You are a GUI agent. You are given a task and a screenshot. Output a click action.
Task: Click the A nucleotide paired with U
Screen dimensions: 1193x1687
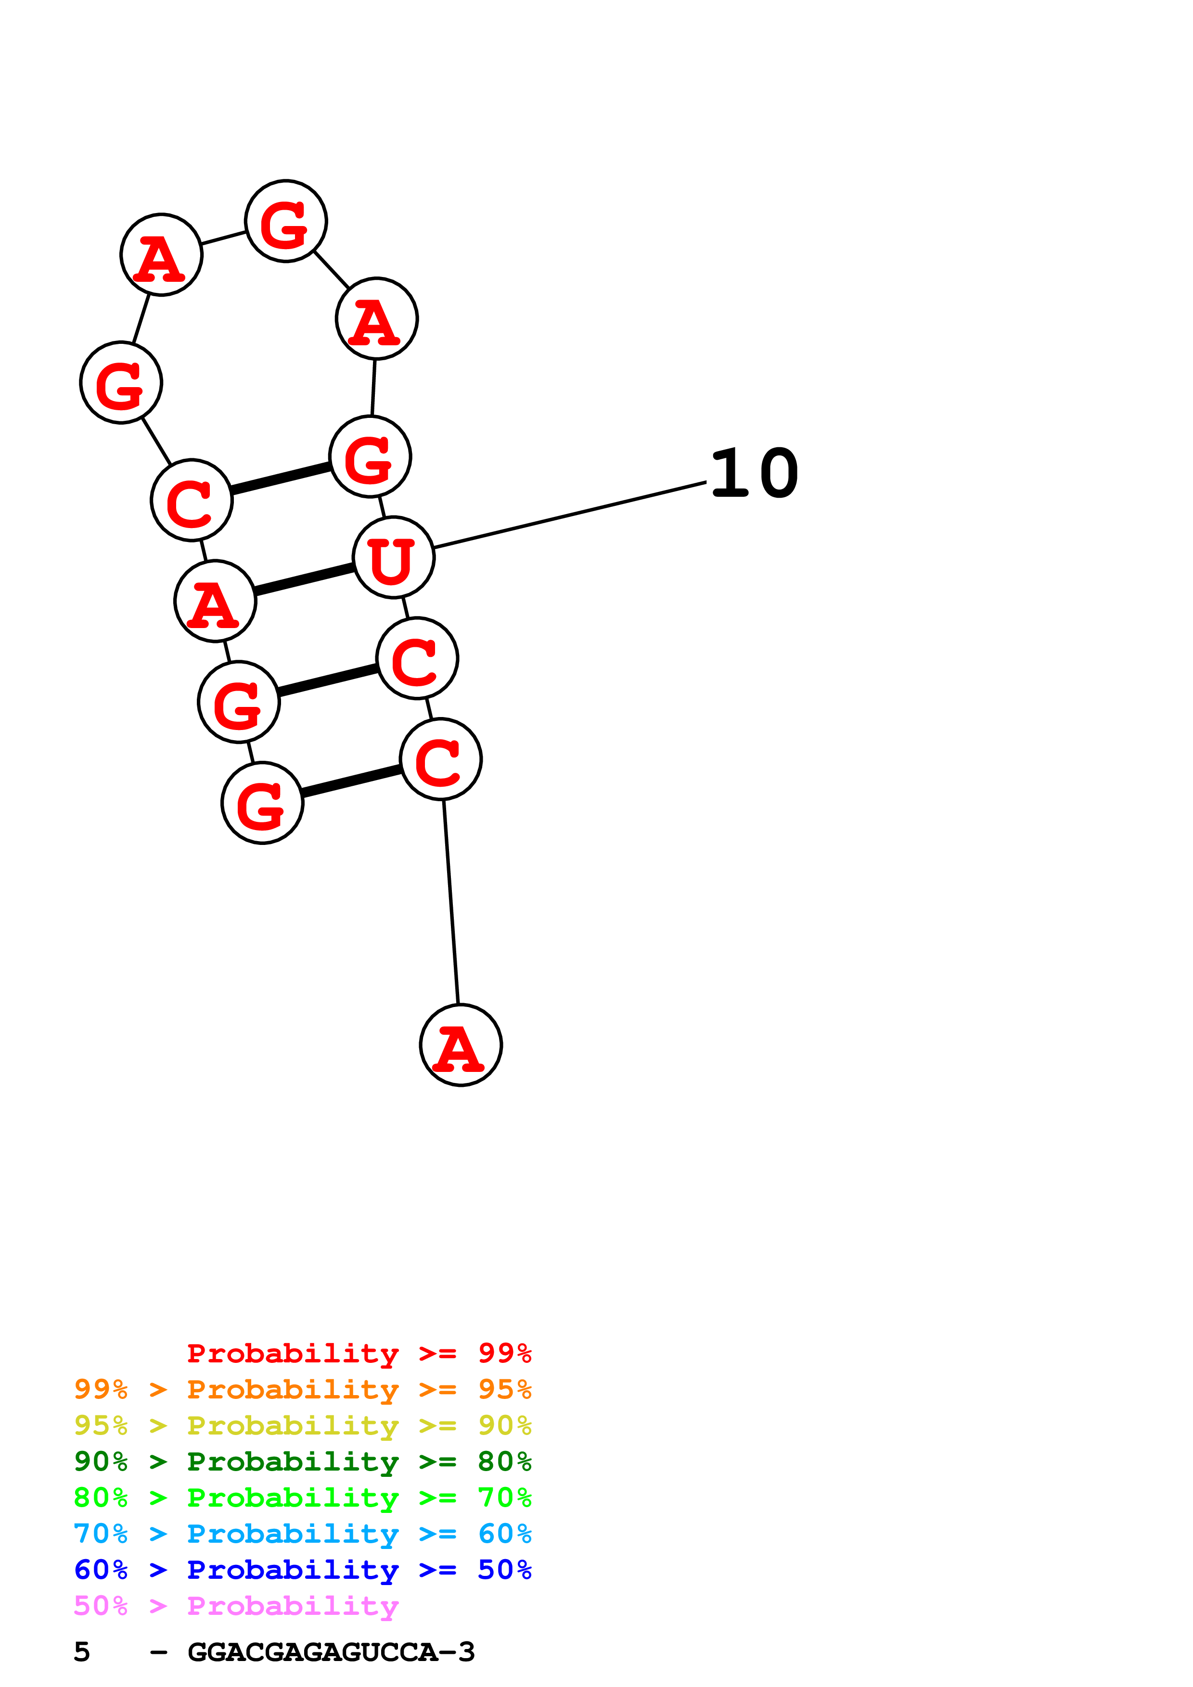tap(215, 601)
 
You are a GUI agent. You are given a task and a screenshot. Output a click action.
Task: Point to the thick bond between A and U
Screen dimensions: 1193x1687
tap(304, 579)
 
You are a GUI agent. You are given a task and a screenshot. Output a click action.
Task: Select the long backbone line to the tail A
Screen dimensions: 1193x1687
tap(450, 902)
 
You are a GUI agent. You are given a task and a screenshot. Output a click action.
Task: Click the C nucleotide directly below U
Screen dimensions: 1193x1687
tap(417, 658)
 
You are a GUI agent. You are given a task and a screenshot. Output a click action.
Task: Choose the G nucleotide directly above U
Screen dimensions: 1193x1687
tap(370, 456)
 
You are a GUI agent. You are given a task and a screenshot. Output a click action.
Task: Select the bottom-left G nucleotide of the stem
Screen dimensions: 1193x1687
tap(262, 803)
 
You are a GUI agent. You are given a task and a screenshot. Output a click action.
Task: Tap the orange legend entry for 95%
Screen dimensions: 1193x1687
tap(302, 1389)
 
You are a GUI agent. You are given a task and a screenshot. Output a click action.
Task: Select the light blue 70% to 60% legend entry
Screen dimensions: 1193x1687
tap(302, 1534)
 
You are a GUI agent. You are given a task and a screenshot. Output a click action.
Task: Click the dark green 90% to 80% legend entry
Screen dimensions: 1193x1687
tap(302, 1461)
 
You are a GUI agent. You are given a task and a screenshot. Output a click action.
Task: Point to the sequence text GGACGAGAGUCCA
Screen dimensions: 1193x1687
tap(331, 1652)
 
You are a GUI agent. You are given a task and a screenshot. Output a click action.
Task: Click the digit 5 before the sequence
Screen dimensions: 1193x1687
tap(82, 1652)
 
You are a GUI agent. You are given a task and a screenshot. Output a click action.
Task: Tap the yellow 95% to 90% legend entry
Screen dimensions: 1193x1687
tap(302, 1425)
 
